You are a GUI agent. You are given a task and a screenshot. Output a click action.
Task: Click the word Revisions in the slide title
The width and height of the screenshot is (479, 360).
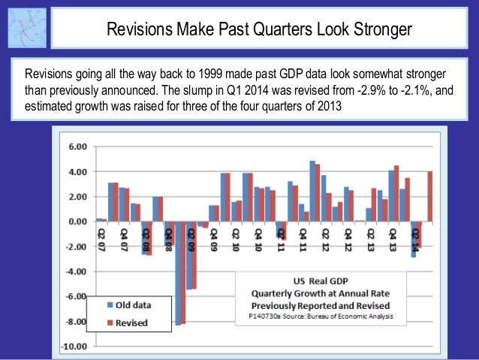pyautogui.click(x=137, y=30)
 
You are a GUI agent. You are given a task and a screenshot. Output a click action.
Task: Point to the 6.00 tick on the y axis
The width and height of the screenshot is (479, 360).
pyautogui.click(x=77, y=147)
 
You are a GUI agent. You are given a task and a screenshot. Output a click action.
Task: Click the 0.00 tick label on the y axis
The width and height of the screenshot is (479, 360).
pyautogui.click(x=77, y=222)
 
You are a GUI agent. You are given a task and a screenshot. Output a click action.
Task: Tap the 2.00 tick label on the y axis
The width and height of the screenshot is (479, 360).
pyautogui.click(x=77, y=197)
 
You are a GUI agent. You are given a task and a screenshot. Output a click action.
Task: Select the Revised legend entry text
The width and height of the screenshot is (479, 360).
pyautogui.click(x=132, y=322)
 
